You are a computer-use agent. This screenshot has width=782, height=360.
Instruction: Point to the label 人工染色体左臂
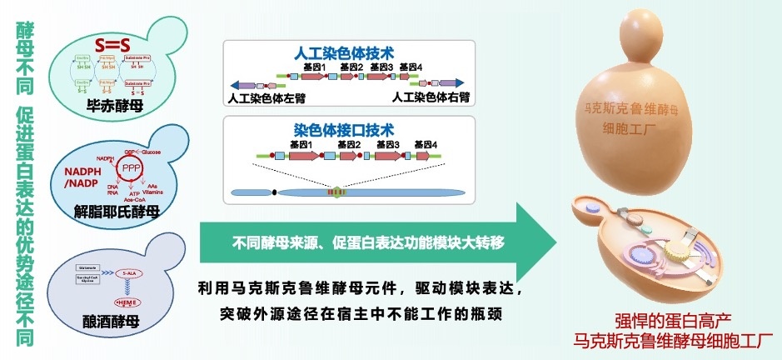267,98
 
